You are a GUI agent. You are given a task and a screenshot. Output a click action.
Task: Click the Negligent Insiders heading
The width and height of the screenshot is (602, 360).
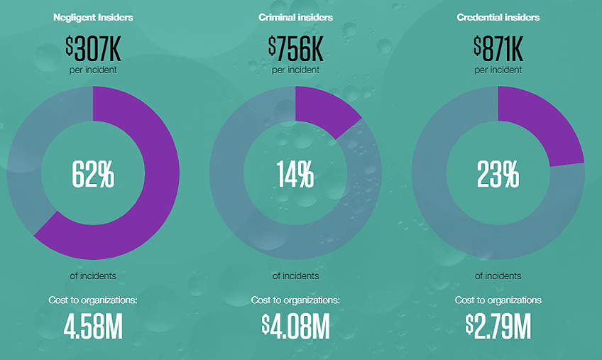click(x=93, y=18)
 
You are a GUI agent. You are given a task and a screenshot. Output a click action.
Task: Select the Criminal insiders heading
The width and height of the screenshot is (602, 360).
click(x=295, y=18)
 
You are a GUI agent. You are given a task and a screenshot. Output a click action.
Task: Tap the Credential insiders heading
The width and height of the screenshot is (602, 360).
click(x=498, y=18)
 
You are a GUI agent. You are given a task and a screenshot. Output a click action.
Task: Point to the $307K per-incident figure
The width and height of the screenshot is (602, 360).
click(x=93, y=48)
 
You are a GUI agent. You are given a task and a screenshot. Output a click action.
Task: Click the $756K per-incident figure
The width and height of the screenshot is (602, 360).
click(x=295, y=48)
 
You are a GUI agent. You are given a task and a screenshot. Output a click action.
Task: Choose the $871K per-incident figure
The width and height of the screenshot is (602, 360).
click(x=498, y=48)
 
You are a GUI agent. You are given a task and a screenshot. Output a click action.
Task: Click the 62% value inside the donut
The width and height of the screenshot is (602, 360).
click(x=93, y=174)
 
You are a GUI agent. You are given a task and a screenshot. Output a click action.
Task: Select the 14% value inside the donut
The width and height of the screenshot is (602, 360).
click(x=295, y=174)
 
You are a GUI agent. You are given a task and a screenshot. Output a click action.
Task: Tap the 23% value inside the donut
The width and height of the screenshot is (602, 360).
click(x=498, y=174)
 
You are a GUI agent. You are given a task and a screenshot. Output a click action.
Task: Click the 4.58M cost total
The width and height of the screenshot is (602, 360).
click(x=93, y=326)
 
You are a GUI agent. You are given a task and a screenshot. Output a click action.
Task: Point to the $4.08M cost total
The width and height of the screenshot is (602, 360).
click(x=295, y=326)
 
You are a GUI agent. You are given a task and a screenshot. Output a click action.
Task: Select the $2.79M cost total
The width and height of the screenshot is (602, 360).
click(x=498, y=326)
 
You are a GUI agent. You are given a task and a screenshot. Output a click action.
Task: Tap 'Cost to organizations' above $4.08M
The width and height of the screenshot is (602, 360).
click(x=295, y=300)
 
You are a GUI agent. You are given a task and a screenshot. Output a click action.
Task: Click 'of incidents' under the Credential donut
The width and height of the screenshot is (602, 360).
click(x=498, y=276)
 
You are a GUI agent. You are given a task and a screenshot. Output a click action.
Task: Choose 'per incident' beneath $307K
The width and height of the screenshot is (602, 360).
click(x=93, y=70)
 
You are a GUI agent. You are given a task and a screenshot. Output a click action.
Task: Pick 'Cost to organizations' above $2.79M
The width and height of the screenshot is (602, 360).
click(x=498, y=300)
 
